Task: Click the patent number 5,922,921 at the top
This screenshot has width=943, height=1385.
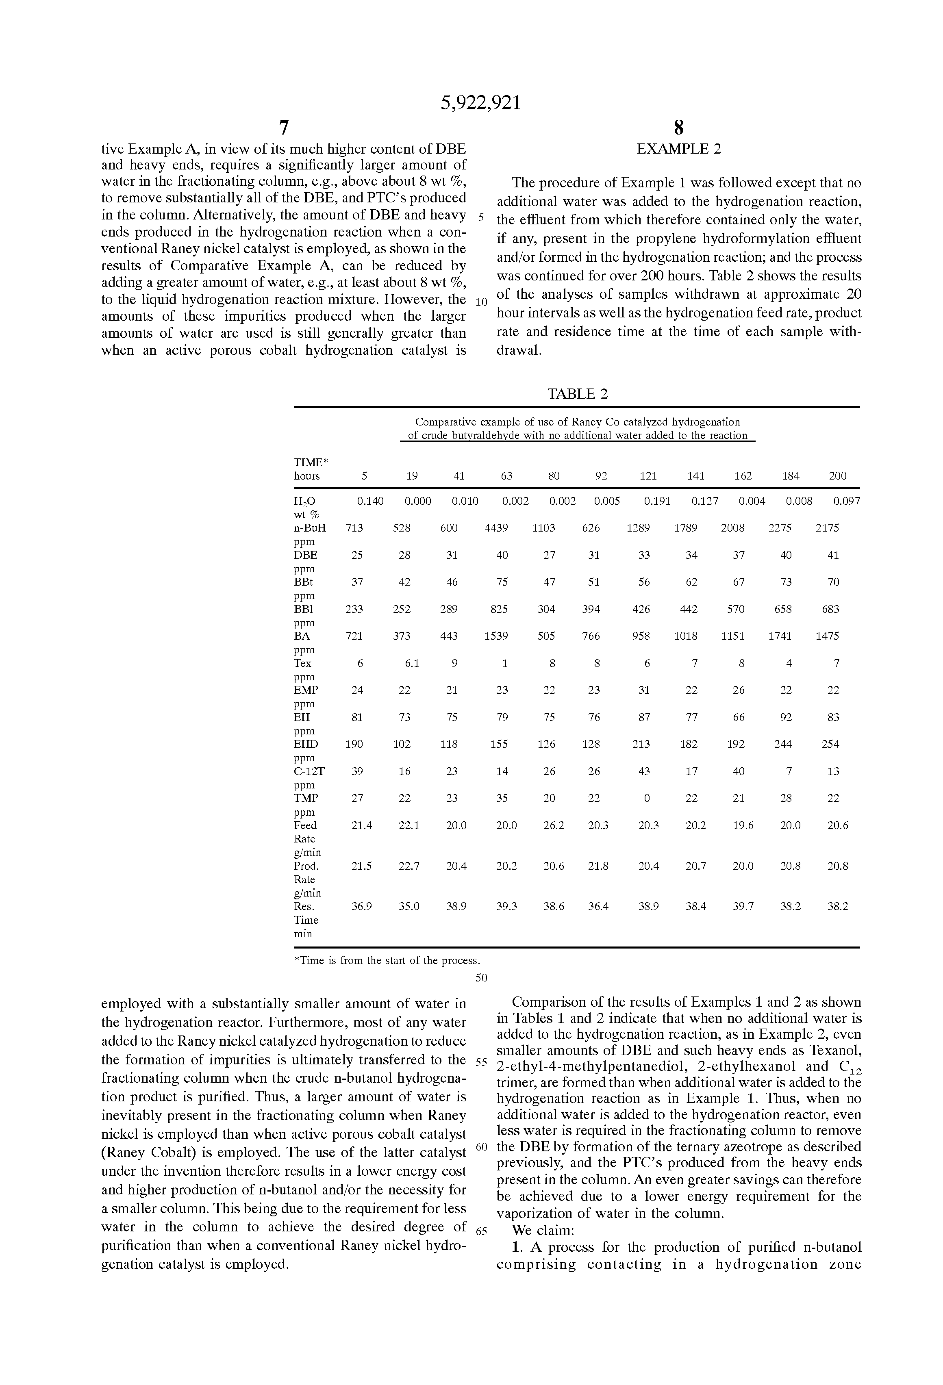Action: [x=480, y=103]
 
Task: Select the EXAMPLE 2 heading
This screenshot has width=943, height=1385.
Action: [x=678, y=149]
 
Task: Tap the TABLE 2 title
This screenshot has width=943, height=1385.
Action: [x=577, y=394]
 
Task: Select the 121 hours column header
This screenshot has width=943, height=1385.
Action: [x=648, y=475]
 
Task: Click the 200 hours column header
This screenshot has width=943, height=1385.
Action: [x=837, y=475]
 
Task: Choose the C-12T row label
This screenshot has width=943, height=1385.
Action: [x=309, y=771]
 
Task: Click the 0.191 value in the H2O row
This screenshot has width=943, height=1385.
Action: [x=657, y=501]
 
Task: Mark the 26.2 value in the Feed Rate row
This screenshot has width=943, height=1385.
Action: [x=554, y=825]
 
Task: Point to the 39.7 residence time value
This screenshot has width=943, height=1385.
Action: [x=743, y=906]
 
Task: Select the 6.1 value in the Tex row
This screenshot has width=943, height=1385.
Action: [x=412, y=663]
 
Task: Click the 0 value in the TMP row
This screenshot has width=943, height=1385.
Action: [x=647, y=798]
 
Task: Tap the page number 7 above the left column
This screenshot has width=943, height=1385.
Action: [x=284, y=128]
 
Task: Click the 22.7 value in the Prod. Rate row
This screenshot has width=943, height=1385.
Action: [x=409, y=866]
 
